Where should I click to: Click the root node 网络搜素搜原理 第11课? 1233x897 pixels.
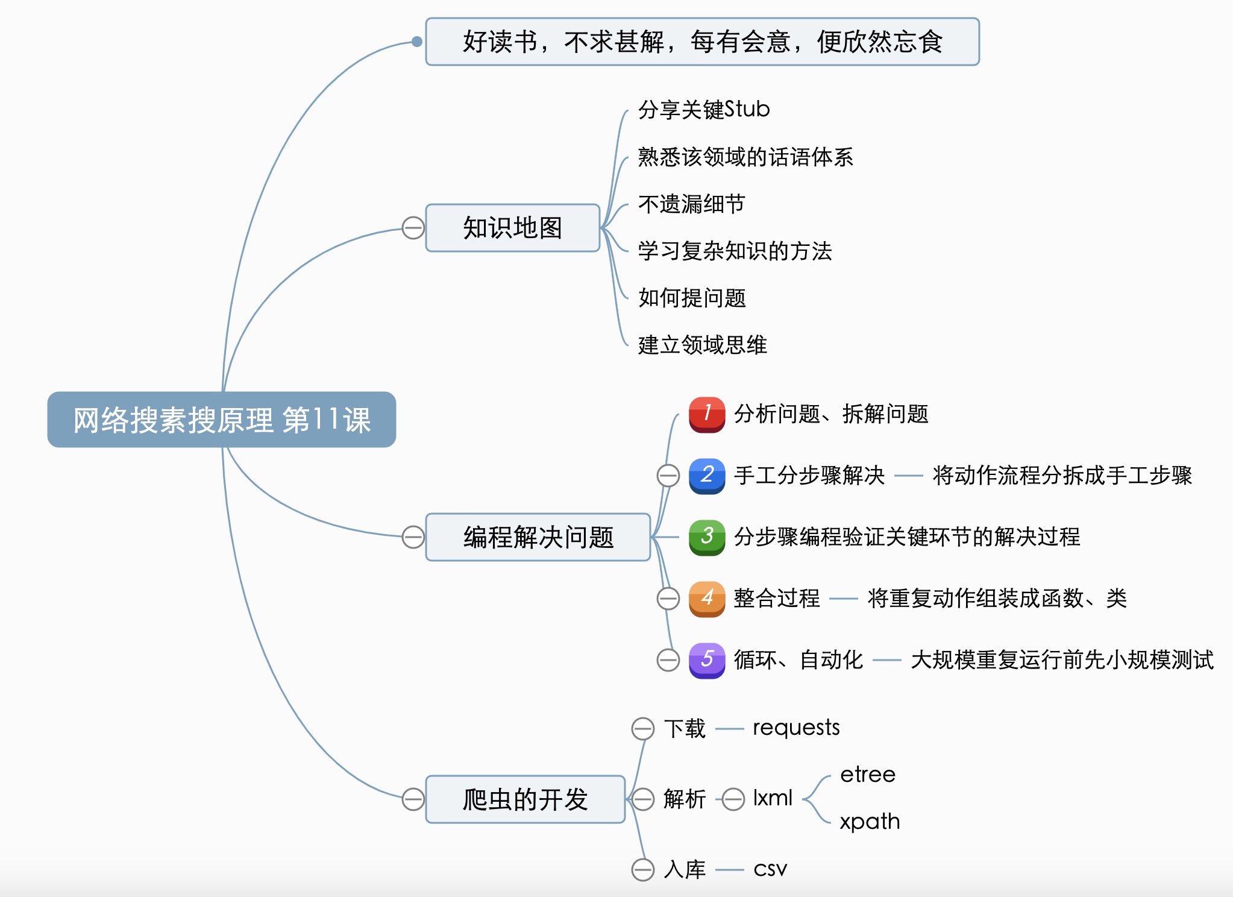tap(221, 420)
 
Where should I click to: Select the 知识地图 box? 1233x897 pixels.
tap(512, 228)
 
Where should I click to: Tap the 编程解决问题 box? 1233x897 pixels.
tap(538, 537)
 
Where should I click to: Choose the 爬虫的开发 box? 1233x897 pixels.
tap(525, 799)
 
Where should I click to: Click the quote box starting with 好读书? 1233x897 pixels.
tap(702, 42)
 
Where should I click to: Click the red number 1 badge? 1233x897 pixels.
tap(707, 414)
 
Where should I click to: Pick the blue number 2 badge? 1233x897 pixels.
tap(707, 476)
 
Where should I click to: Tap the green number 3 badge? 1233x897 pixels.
tap(707, 537)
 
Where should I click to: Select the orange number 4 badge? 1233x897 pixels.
tap(707, 599)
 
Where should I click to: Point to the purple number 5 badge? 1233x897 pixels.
tap(707, 660)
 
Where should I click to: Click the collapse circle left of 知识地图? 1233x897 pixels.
tap(413, 228)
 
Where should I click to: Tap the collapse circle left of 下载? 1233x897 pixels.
tap(643, 728)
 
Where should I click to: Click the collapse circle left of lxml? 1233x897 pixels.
tap(733, 799)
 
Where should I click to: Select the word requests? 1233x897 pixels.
tap(796, 728)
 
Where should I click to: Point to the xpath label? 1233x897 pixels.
tap(870, 822)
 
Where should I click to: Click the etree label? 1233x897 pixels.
tap(868, 775)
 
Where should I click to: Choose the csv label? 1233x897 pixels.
tap(770, 869)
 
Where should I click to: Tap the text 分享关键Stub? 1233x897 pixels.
tap(704, 110)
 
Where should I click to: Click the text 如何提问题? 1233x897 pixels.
tap(692, 298)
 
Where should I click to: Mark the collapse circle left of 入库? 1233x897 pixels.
tap(643, 869)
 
